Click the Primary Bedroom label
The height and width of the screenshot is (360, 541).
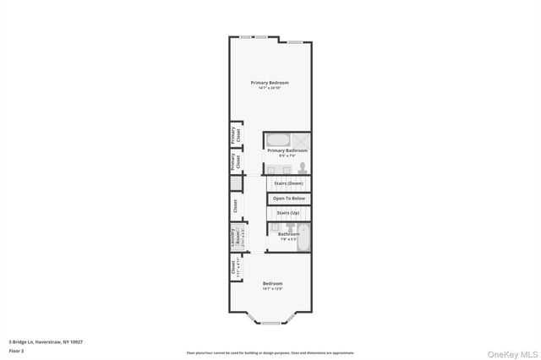point(270,82)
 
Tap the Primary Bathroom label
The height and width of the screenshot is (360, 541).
point(287,150)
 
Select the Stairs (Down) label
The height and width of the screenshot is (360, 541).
point(289,183)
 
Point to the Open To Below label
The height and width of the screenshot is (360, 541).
point(289,199)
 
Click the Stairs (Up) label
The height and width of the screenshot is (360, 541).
point(289,213)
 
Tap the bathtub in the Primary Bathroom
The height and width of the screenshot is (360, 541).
point(279,140)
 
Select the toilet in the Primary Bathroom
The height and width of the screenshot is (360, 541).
point(300,166)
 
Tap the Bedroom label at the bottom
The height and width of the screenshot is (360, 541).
point(272,283)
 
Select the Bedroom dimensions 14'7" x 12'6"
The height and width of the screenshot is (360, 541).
point(272,289)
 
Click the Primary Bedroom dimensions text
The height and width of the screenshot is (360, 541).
point(270,88)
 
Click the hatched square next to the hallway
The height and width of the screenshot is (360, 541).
point(235,183)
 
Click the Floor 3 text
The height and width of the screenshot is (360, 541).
point(17,350)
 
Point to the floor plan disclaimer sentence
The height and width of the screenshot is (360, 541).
point(270,352)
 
